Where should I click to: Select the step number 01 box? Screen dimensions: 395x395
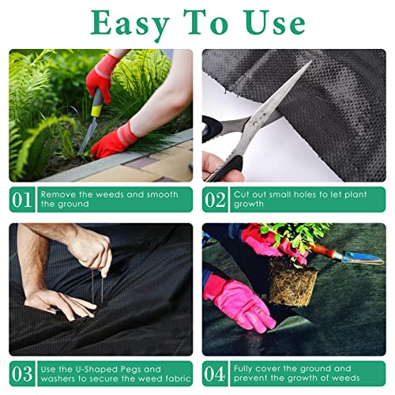21,199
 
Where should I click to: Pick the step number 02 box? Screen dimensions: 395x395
215,199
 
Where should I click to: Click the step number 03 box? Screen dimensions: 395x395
21,373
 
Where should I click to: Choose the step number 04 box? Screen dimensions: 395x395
215,373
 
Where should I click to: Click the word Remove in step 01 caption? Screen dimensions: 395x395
58,194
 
